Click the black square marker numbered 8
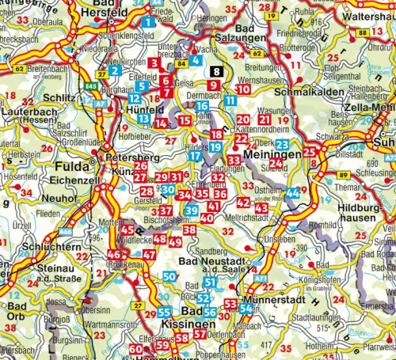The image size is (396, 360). (x=217, y=72)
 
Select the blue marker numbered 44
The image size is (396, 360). (x=293, y=193)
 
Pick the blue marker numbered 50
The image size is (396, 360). (x=169, y=277)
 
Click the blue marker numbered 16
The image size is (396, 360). (x=202, y=106)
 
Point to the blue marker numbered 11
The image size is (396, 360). (x=229, y=100)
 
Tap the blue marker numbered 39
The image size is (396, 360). (x=191, y=210)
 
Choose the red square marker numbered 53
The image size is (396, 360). (x=230, y=304)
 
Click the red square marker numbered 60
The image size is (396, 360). (x=135, y=349)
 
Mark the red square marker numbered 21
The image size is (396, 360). (x=264, y=119)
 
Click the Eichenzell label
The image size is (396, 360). (x=78, y=180)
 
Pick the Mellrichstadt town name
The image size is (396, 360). (x=252, y=216)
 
